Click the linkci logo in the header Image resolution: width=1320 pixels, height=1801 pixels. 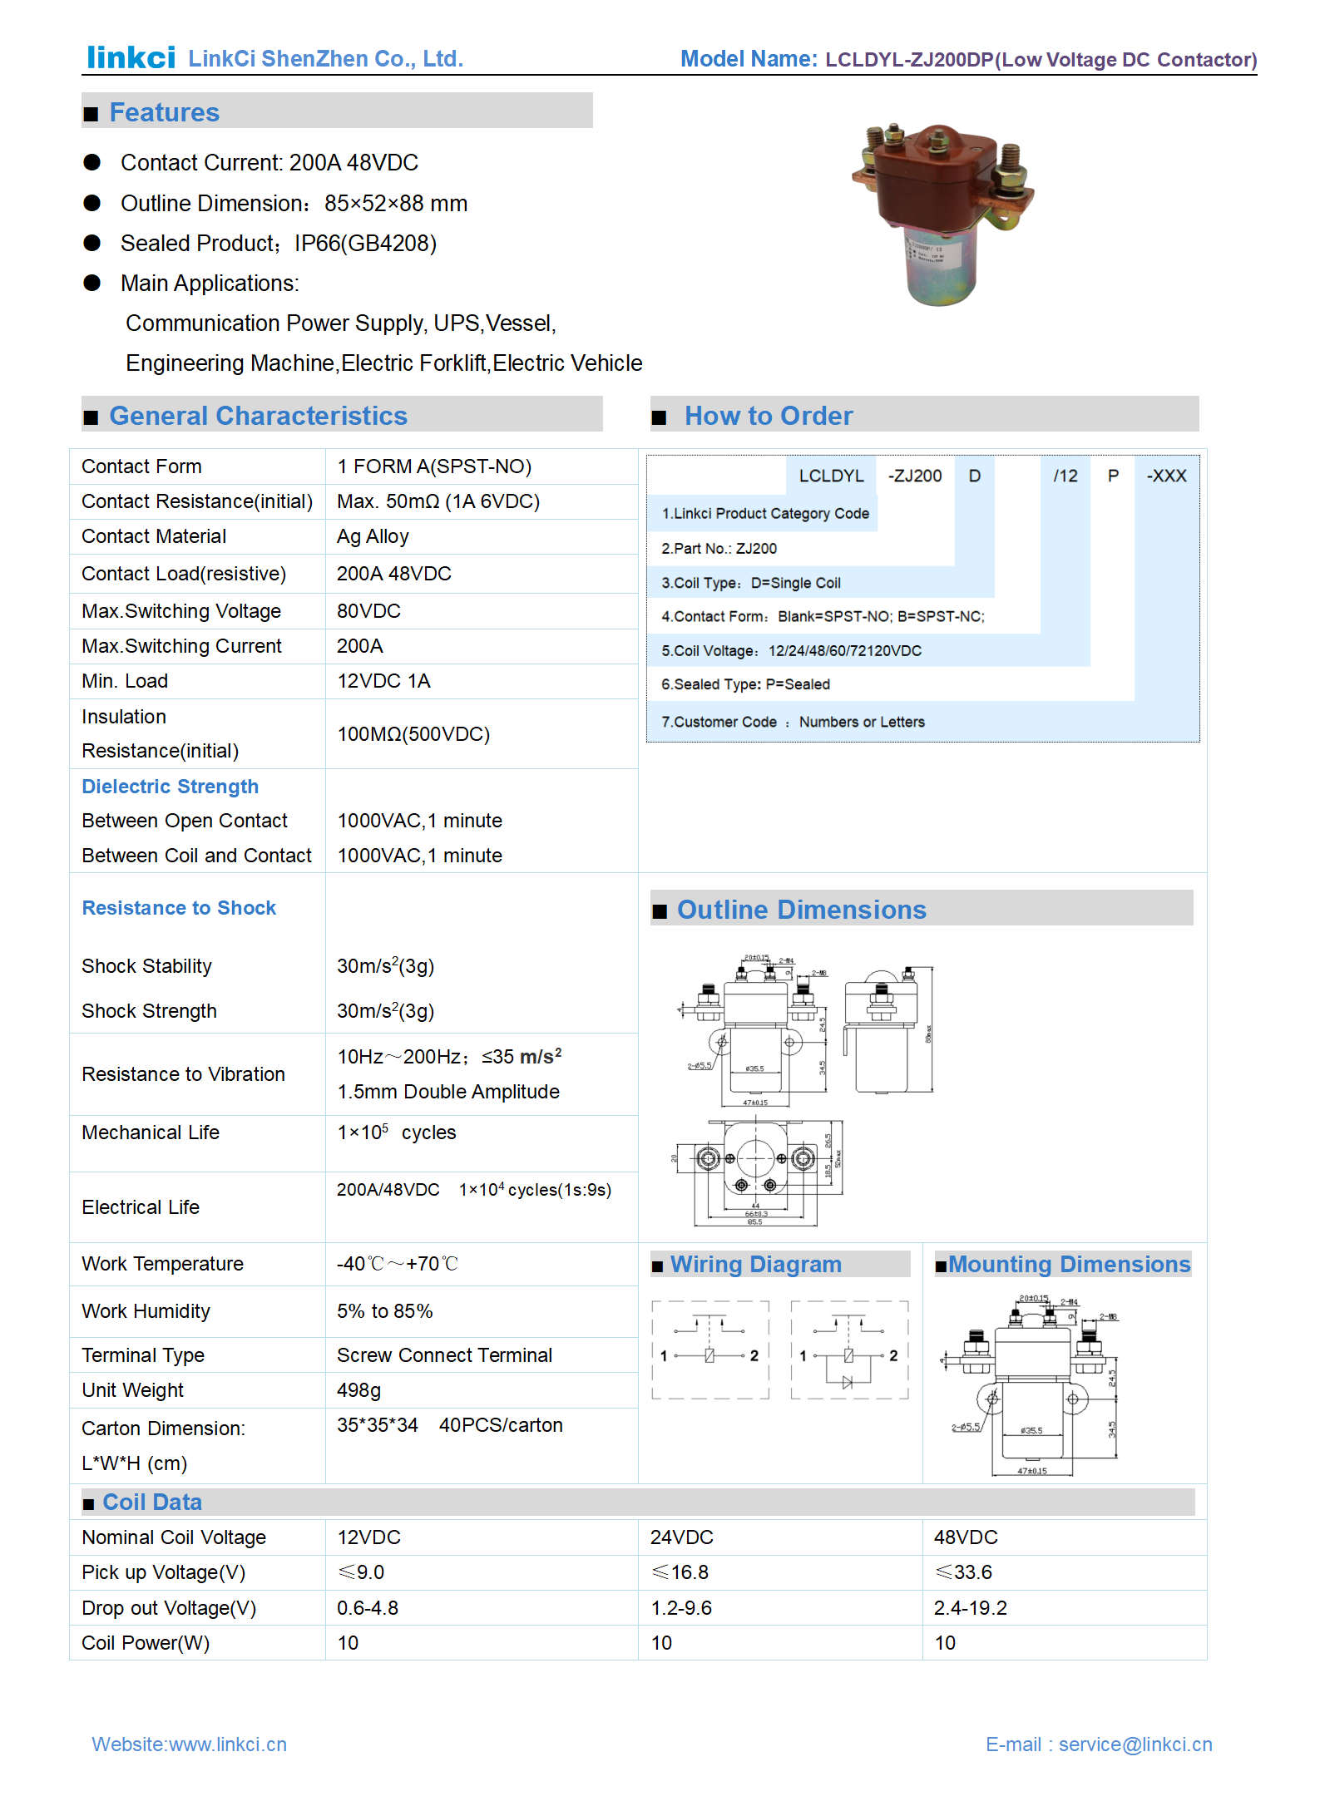coord(131,57)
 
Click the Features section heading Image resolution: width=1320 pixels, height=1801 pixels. coord(164,112)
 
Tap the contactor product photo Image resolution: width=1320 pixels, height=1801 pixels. coord(943,213)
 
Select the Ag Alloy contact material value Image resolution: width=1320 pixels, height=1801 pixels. coord(373,537)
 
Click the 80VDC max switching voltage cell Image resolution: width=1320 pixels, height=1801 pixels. coord(368,612)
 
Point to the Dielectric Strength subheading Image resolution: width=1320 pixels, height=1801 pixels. coord(170,787)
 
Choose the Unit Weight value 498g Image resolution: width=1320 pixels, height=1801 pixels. coord(358,1390)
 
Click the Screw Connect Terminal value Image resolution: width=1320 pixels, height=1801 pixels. coord(444,1355)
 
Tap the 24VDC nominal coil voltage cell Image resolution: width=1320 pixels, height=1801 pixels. coord(682,1537)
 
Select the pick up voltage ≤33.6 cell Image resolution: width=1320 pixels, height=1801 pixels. coord(964,1572)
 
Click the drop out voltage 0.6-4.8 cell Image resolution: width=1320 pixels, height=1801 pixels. coord(368,1608)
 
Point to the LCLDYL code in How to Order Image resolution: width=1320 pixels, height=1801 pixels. coord(831,476)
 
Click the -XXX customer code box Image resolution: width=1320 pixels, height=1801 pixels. coord(1166,476)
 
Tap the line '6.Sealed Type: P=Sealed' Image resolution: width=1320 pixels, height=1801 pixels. coord(745,684)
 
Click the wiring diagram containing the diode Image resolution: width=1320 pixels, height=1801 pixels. coord(848,1350)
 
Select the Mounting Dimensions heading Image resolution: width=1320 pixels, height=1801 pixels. coord(1069,1265)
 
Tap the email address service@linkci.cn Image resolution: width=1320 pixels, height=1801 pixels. coord(1135,1744)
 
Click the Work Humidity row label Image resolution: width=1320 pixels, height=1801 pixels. coord(146,1311)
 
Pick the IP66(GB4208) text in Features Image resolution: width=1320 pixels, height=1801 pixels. coord(365,244)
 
